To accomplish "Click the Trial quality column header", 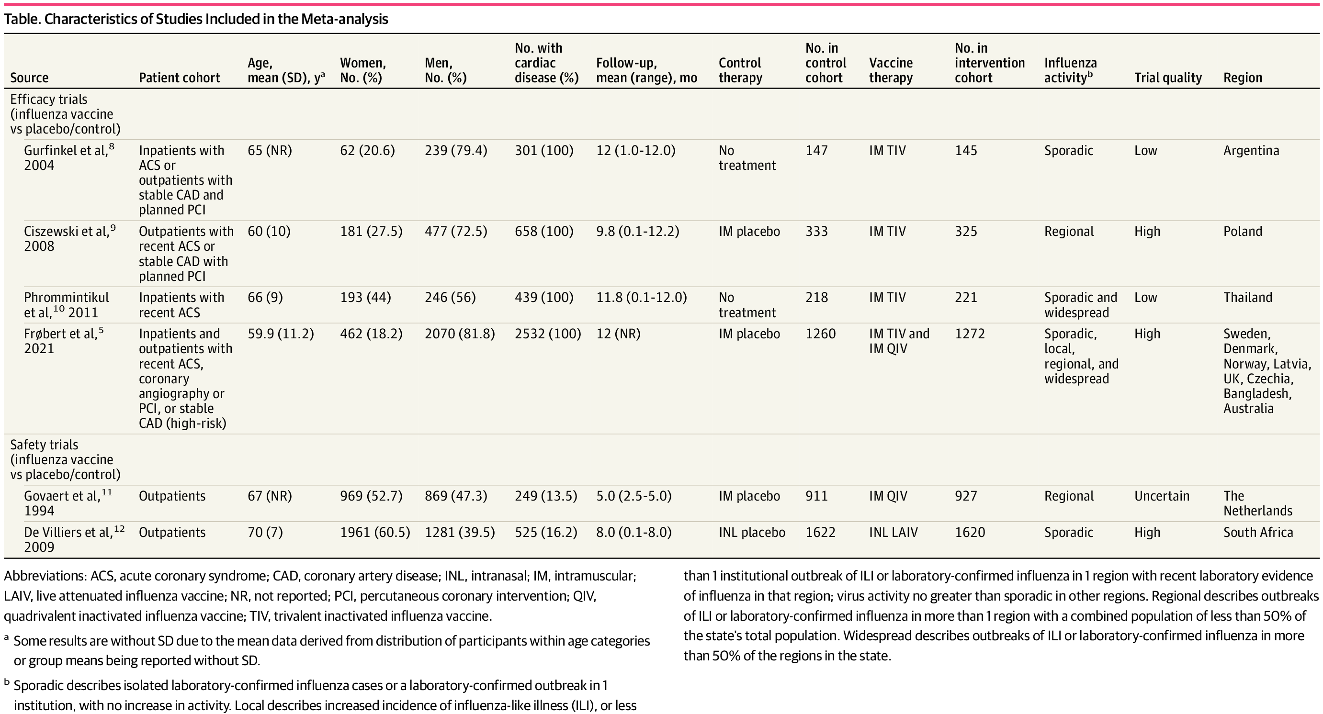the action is tap(1168, 78).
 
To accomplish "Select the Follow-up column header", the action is tap(646, 70).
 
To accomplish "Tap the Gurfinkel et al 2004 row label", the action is tap(69, 157).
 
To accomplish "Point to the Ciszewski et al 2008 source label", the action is tap(70, 238).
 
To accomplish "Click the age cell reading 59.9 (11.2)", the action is tap(281, 334).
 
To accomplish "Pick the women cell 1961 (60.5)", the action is tap(375, 532).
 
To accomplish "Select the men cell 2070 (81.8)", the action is tap(460, 334).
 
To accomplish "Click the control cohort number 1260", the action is tap(820, 334).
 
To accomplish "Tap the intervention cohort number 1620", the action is tap(970, 532).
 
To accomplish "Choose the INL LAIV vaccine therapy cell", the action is tap(893, 532).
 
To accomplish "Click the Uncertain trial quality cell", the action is tap(1162, 496).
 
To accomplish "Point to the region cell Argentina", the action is tap(1251, 151).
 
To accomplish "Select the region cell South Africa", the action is tap(1258, 532).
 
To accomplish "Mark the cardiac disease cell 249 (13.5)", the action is tap(546, 496).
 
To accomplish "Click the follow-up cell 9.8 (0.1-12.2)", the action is tap(637, 232).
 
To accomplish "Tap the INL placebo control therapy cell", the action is tap(752, 532).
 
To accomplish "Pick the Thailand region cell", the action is tap(1247, 298).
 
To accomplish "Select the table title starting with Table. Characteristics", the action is tap(196, 19).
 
